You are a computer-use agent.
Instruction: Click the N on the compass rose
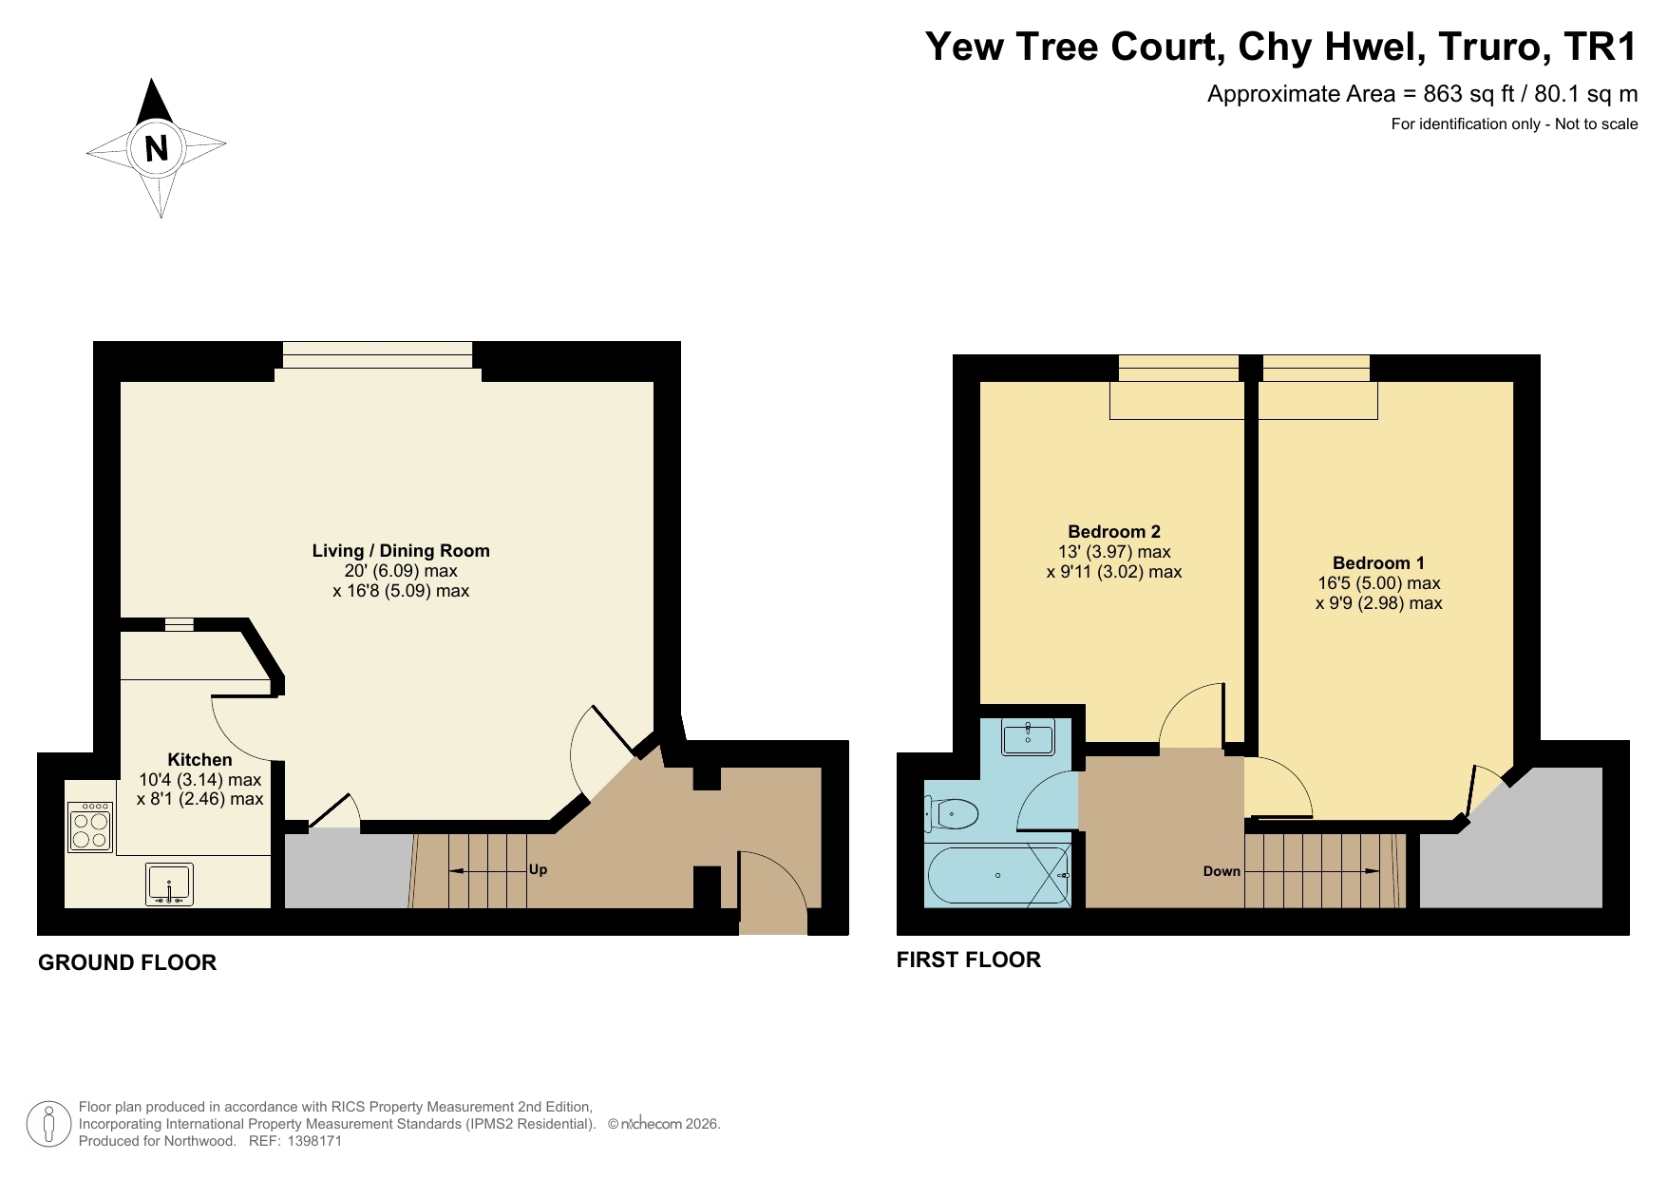click(x=157, y=148)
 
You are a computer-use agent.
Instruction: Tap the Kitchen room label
click(x=199, y=759)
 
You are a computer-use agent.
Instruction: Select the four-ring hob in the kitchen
click(x=90, y=827)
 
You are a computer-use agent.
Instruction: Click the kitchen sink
click(x=170, y=884)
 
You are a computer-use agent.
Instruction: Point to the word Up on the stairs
click(x=538, y=869)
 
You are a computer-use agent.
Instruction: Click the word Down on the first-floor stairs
click(x=1222, y=870)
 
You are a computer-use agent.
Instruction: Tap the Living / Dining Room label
click(x=401, y=550)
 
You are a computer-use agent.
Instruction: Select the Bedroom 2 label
click(x=1114, y=531)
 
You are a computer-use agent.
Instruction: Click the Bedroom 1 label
click(x=1378, y=562)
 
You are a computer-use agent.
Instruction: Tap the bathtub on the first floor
click(x=997, y=875)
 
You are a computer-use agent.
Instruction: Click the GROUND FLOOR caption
click(x=127, y=962)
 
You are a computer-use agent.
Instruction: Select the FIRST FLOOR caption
click(x=969, y=960)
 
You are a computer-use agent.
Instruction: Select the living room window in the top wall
click(x=377, y=354)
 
